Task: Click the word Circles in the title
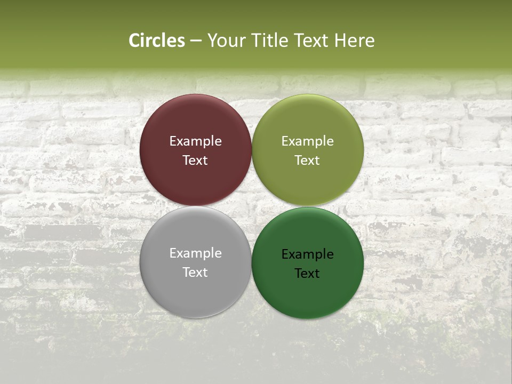point(157,41)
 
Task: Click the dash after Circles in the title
point(196,41)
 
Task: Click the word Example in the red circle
point(195,141)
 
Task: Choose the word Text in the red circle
point(195,161)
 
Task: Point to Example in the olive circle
point(308,141)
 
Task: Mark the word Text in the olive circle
point(308,161)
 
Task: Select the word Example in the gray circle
point(195,253)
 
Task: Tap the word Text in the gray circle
point(195,273)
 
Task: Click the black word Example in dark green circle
point(308,254)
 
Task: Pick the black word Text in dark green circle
point(308,274)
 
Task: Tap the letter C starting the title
point(134,41)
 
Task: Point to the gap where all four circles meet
point(252,206)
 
